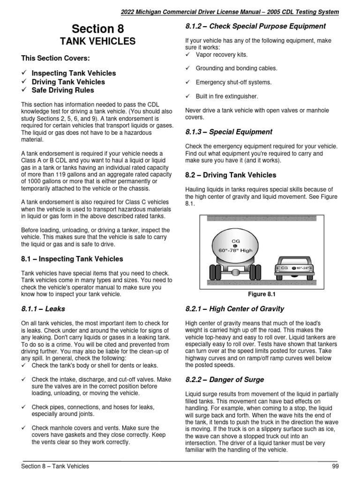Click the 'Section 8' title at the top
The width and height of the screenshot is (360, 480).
98,29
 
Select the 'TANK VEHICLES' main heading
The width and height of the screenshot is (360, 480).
98,42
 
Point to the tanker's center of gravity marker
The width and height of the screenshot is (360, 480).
235,246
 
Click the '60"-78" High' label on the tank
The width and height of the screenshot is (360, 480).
235,251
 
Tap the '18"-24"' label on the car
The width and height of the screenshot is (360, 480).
305,268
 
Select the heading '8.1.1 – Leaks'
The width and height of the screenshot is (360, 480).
43,309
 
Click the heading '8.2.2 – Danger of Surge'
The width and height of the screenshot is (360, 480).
225,380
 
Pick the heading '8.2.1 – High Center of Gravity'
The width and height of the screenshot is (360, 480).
235,309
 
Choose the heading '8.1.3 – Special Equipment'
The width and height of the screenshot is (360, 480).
229,132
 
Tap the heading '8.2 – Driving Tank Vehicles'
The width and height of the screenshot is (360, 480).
231,175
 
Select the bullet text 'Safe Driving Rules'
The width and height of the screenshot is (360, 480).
62,90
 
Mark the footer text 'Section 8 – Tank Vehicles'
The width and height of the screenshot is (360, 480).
55,466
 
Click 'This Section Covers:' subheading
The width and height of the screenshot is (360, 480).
55,58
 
